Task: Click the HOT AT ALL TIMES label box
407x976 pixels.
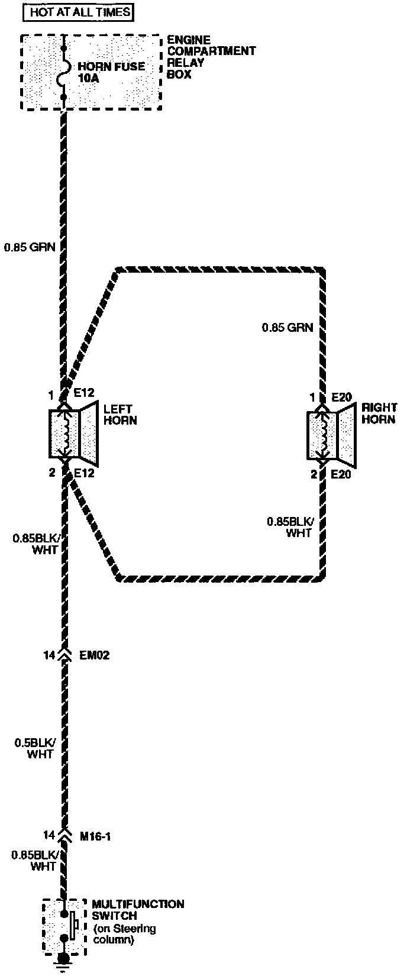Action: point(80,11)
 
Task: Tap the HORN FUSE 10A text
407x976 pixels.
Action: point(111,72)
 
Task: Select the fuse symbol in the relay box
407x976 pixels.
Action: point(63,72)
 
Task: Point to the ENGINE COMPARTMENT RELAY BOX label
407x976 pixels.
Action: point(210,57)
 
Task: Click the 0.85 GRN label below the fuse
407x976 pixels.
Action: point(30,247)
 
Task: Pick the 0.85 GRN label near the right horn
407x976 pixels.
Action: point(288,327)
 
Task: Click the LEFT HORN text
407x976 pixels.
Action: point(120,415)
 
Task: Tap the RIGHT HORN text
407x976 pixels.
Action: point(379,413)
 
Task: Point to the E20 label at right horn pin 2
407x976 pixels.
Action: point(342,474)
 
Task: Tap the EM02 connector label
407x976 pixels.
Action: point(94,655)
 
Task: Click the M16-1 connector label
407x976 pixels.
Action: point(95,836)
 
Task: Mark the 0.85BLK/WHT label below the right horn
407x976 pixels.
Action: point(289,527)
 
